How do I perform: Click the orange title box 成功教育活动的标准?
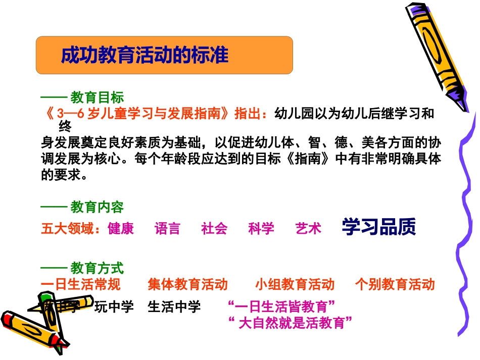click(x=164, y=55)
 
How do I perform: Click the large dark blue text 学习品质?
click(x=378, y=227)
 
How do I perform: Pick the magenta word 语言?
click(x=167, y=229)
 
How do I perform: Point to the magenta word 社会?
click(x=214, y=229)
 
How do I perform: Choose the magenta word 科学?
click(x=261, y=229)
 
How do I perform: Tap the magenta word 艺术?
click(x=308, y=229)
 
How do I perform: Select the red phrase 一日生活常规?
click(x=81, y=285)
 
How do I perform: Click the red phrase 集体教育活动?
click(x=188, y=285)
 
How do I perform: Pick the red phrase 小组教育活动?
click(x=295, y=285)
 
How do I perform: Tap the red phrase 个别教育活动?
click(x=395, y=285)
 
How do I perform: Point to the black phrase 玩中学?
click(x=114, y=306)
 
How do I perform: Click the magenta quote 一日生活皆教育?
click(x=282, y=306)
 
